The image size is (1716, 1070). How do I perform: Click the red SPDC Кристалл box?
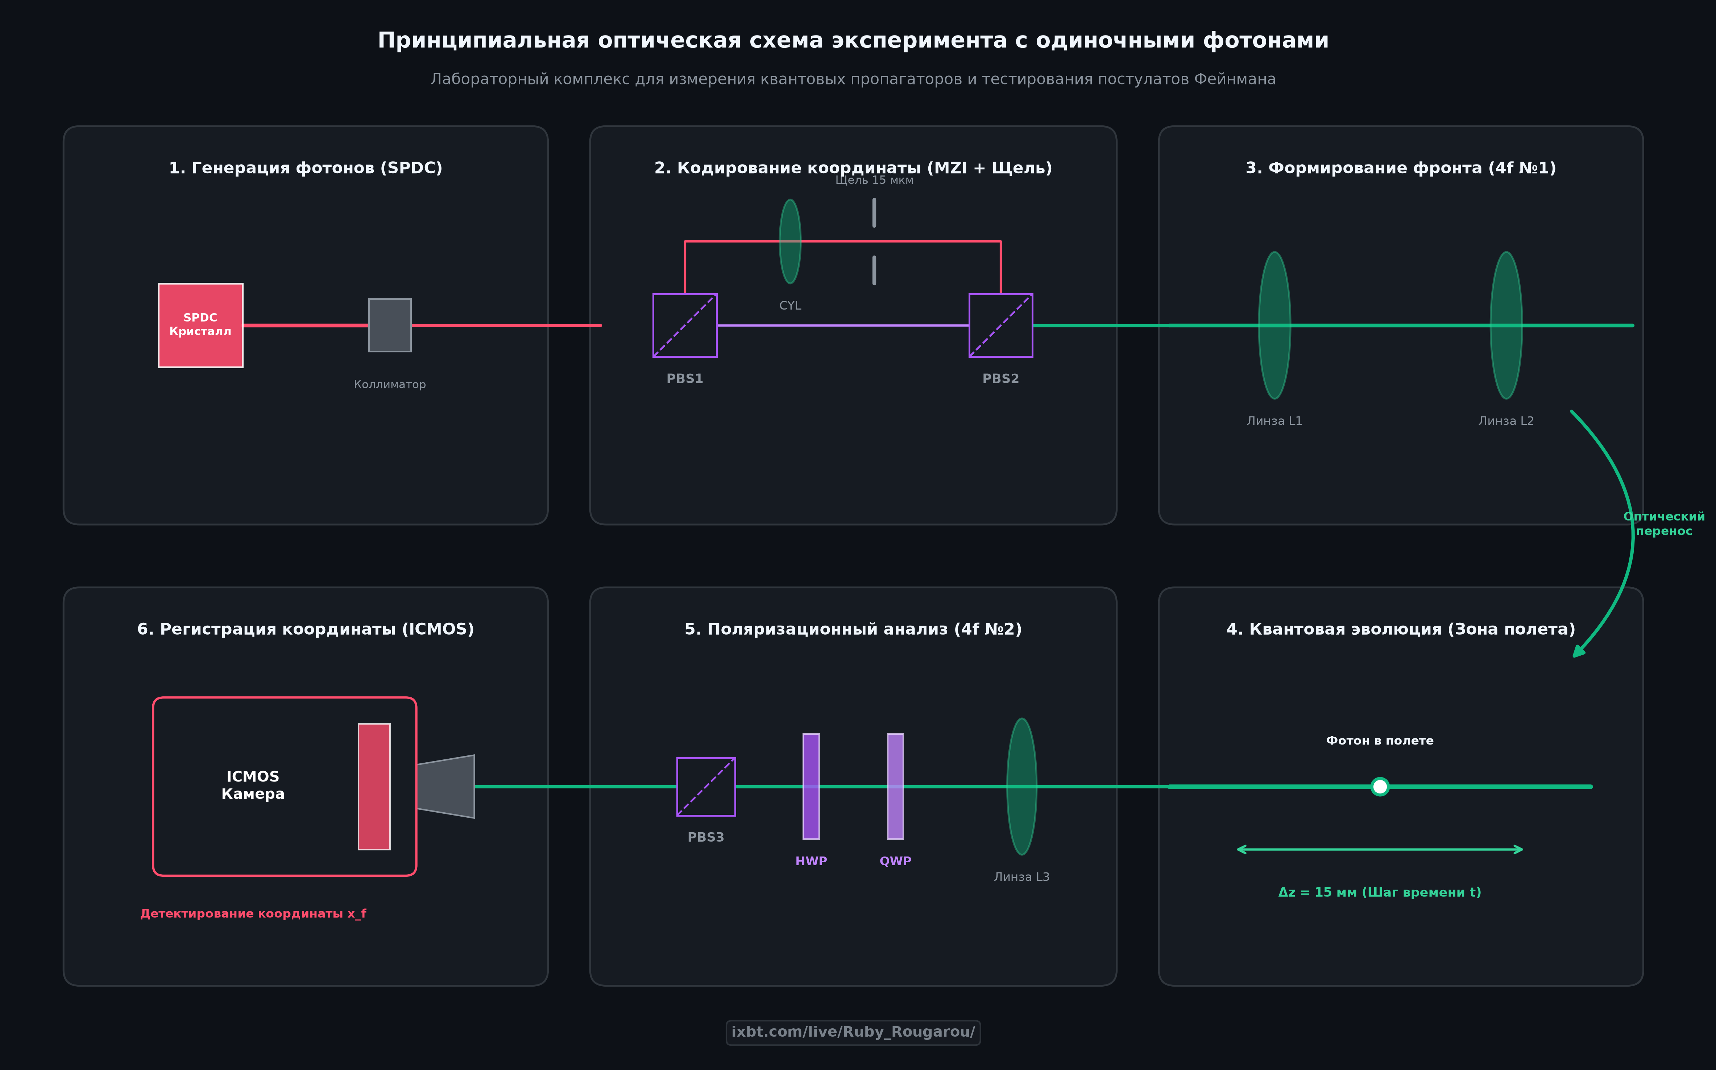click(x=200, y=325)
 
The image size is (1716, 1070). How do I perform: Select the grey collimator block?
click(x=390, y=325)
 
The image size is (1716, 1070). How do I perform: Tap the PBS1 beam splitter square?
click(x=685, y=325)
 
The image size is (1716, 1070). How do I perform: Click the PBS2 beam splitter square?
click(x=1000, y=325)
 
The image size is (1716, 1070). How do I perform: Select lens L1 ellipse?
click(x=1274, y=325)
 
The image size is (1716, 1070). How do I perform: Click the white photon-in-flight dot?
click(x=1380, y=787)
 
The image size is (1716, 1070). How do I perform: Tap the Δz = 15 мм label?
click(x=1380, y=892)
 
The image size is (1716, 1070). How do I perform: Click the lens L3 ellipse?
click(x=1022, y=787)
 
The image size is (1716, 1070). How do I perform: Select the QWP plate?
click(x=895, y=787)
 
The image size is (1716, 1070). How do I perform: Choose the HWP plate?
click(x=811, y=787)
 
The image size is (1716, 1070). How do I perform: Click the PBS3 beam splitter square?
click(x=706, y=787)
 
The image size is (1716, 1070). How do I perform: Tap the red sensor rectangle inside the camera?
click(x=374, y=787)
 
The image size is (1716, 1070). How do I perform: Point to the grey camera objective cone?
click(x=446, y=787)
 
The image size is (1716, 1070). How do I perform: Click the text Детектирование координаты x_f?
click(x=253, y=914)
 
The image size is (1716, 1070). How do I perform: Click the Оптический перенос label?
click(x=1664, y=524)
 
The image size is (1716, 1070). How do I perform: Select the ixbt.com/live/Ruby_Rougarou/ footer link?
click(x=853, y=1033)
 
